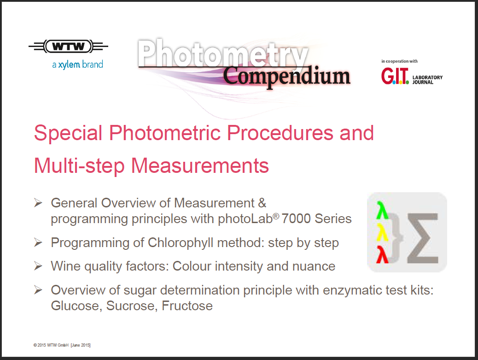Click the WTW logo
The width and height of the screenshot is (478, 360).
[68, 47]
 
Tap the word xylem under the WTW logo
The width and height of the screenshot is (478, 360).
[69, 65]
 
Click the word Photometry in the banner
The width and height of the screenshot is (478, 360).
[222, 53]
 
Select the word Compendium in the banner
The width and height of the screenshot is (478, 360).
[286, 76]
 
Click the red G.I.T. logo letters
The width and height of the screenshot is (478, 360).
[395, 76]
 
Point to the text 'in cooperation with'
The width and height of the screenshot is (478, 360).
[399, 61]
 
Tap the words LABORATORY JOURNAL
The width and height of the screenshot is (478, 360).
[427, 80]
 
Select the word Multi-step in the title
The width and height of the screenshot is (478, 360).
[79, 166]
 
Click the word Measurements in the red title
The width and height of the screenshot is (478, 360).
[200, 165]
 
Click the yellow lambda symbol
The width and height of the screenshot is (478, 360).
[382, 232]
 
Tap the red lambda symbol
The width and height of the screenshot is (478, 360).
[382, 254]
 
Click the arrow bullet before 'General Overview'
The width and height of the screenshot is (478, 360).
[38, 202]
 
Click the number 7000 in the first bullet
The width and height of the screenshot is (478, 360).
[296, 219]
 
